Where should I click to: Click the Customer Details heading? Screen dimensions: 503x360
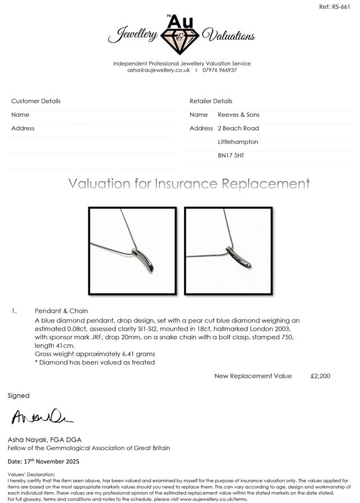click(36, 101)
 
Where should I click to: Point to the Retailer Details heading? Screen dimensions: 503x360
click(211, 101)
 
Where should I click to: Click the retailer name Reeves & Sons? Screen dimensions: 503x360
click(238, 115)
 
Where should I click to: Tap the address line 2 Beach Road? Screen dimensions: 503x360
click(238, 128)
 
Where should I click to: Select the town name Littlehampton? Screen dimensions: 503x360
click(238, 142)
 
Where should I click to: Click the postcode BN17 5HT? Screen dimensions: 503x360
click(231, 155)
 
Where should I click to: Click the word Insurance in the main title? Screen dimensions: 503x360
click(187, 184)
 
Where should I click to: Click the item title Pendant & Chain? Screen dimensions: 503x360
click(61, 311)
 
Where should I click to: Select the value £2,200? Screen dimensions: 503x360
click(321, 376)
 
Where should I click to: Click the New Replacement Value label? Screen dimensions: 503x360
click(253, 376)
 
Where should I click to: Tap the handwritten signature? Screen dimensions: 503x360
click(42, 417)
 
